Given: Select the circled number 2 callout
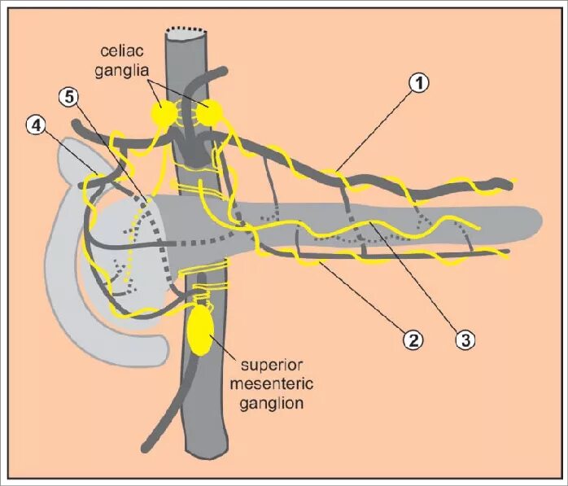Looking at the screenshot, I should click(413, 339).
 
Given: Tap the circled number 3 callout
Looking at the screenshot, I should click(465, 339).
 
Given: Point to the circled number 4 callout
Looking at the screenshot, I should click(35, 127).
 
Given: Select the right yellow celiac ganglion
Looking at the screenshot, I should click(210, 113).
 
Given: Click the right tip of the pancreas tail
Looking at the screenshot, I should click(539, 221).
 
